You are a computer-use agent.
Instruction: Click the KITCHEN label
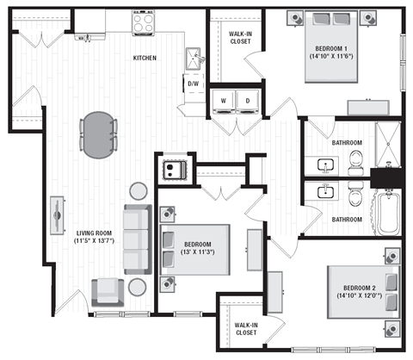(144, 58)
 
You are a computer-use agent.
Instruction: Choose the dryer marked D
(249, 100)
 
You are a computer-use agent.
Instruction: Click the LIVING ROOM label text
(96, 238)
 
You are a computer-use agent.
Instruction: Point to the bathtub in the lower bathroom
(387, 211)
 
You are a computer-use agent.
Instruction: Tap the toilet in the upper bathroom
(355, 158)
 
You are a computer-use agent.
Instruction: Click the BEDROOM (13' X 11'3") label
(198, 249)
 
